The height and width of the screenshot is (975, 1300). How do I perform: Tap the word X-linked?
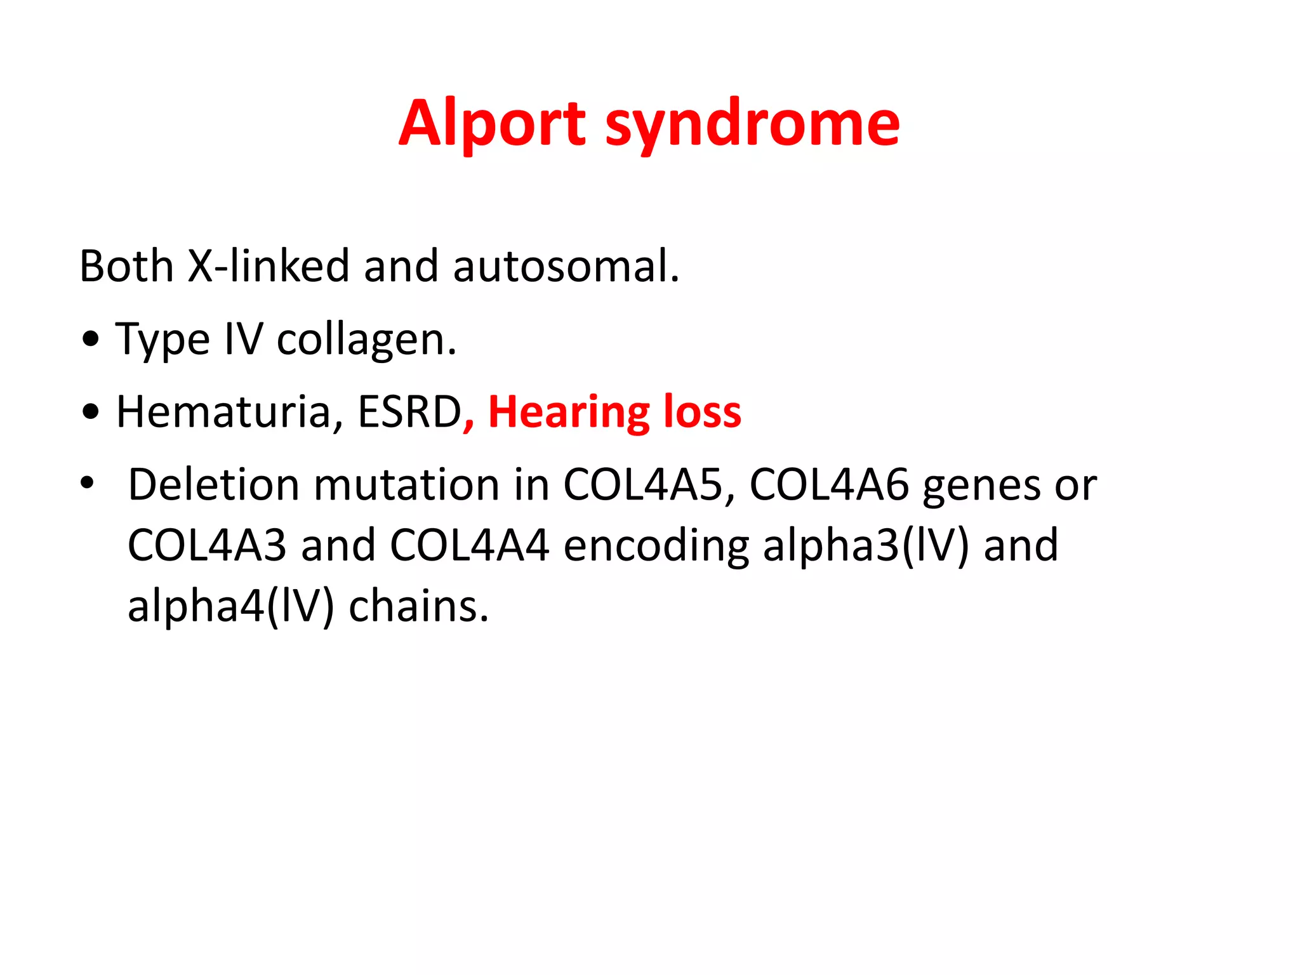pyautogui.click(x=269, y=266)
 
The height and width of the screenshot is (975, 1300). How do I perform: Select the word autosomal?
pyautogui.click(x=565, y=266)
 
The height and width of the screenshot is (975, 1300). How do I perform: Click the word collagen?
pyautogui.click(x=366, y=340)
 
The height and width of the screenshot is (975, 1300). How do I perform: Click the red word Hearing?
pyautogui.click(x=568, y=413)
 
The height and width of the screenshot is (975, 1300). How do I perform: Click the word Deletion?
pyautogui.click(x=213, y=486)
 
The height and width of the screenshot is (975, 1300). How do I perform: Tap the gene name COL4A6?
pyautogui.click(x=828, y=486)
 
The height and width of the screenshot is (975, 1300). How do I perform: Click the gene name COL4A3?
pyautogui.click(x=207, y=546)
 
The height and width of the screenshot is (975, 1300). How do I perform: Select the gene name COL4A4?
pyautogui.click(x=468, y=546)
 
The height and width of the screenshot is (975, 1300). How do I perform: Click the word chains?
pyautogui.click(x=419, y=607)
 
